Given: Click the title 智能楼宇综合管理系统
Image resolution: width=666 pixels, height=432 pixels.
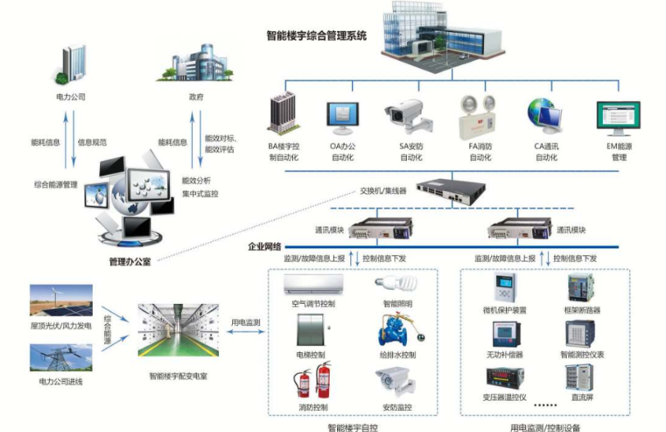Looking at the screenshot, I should [317, 35].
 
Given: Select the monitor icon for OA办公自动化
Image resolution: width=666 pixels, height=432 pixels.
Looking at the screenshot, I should [343, 118].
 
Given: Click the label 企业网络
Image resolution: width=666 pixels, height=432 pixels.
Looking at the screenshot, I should [265, 246].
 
